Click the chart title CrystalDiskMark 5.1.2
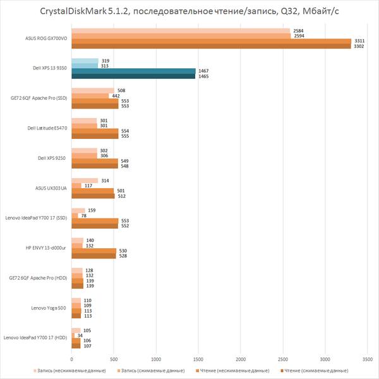[189, 11]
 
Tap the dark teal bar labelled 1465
[134, 76]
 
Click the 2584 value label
[298, 30]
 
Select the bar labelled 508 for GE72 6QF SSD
[93, 90]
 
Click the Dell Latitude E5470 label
[48, 128]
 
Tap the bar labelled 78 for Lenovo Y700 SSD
[75, 215]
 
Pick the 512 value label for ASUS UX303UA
[123, 196]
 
